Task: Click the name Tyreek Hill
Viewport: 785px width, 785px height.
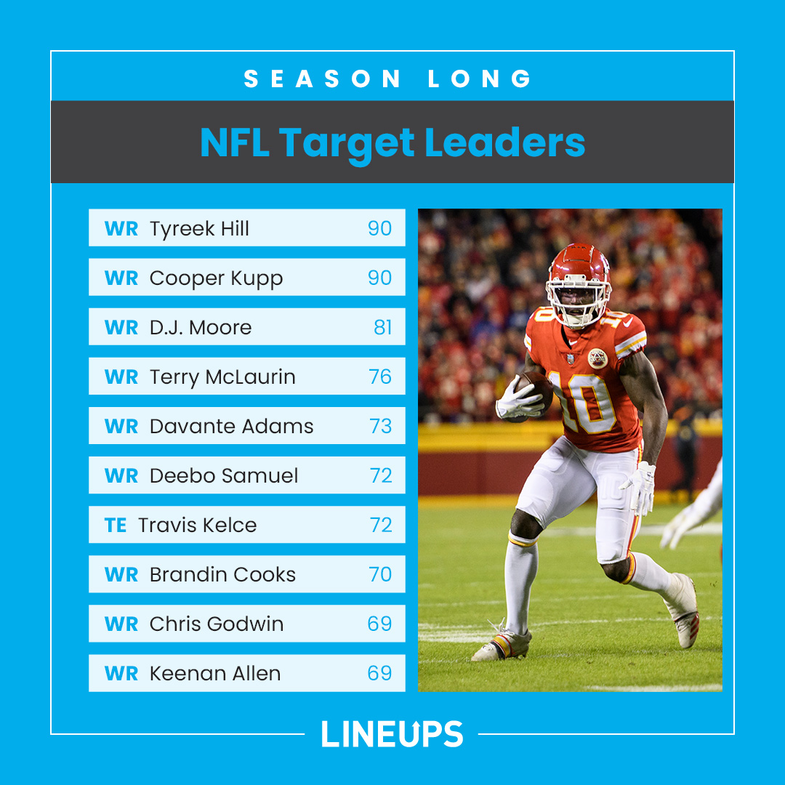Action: click(199, 228)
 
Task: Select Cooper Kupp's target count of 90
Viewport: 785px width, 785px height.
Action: click(379, 278)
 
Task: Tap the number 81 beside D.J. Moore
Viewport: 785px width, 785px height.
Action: click(383, 327)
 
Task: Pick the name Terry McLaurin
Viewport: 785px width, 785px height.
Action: click(222, 377)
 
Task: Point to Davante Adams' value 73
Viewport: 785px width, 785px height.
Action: click(380, 426)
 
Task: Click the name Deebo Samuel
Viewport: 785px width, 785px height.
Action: click(224, 475)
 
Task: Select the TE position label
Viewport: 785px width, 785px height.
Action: click(116, 525)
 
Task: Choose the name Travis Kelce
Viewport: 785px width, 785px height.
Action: click(197, 525)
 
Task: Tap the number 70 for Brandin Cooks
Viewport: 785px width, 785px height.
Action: click(380, 574)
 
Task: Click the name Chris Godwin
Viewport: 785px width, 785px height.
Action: click(217, 624)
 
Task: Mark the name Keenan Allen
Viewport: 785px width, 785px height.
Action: click(215, 673)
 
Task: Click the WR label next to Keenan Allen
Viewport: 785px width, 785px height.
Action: click(121, 673)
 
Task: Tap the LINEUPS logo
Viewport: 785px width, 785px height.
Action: click(392, 733)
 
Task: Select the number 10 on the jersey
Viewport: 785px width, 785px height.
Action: click(581, 400)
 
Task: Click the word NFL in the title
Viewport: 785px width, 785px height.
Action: click(234, 142)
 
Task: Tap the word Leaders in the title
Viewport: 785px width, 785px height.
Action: click(505, 142)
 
